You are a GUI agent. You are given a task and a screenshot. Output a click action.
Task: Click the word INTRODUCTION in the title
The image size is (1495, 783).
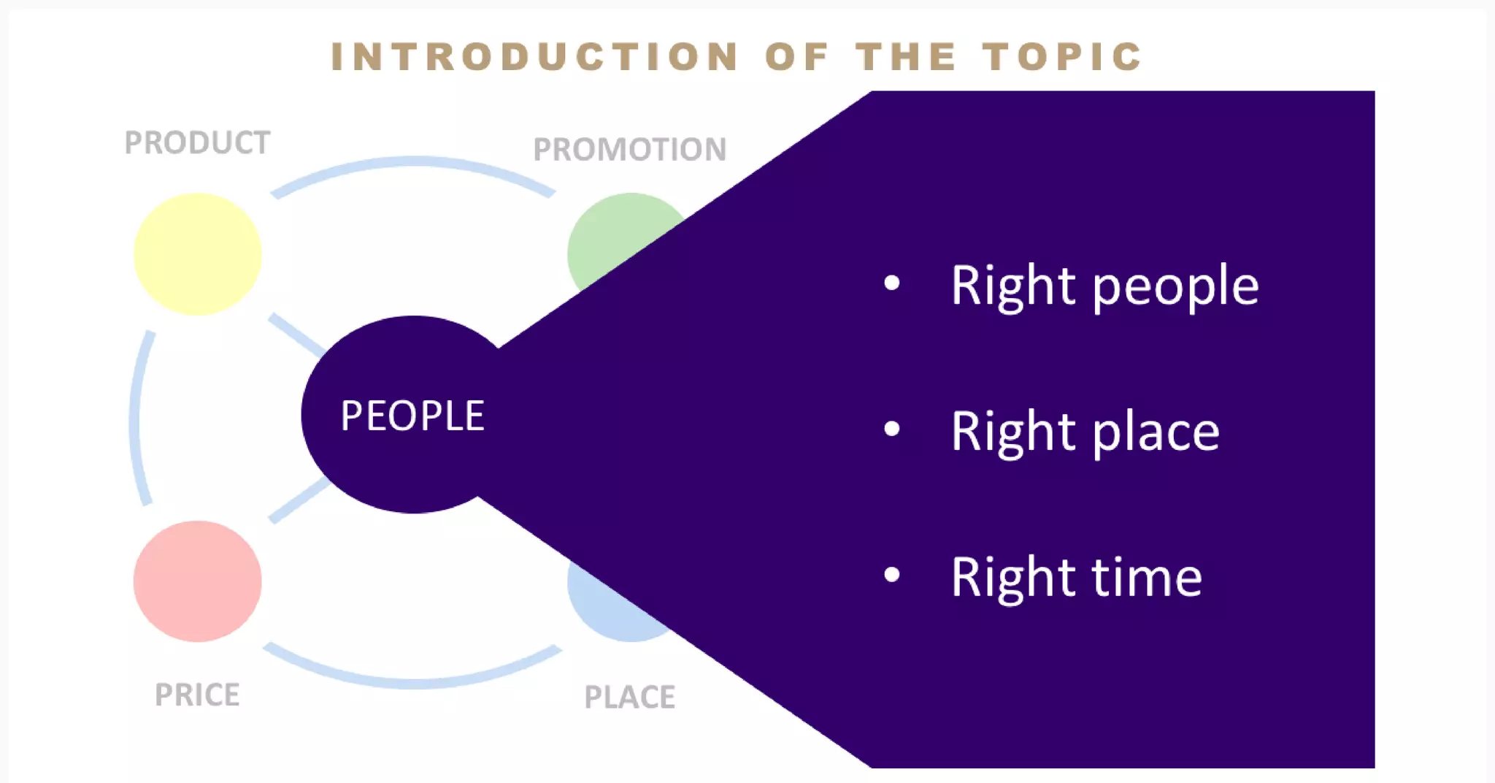(535, 57)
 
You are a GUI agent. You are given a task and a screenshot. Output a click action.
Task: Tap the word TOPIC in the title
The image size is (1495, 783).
(1062, 57)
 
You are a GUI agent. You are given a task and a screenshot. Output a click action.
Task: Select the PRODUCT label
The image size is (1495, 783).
(197, 142)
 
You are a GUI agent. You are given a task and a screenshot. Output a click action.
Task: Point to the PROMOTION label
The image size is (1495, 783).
(629, 149)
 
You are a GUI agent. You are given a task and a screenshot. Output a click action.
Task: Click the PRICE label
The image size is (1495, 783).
(197, 695)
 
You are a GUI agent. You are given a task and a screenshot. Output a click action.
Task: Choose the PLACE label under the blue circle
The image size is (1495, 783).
(629, 697)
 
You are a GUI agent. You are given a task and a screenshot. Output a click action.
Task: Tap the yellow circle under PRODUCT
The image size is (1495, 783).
(197, 254)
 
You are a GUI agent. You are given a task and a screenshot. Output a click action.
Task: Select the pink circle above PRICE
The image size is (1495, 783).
(197, 581)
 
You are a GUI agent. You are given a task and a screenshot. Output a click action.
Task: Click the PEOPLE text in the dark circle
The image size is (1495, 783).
(412, 416)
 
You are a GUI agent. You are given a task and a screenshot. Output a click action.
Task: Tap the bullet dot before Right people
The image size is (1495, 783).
(891, 283)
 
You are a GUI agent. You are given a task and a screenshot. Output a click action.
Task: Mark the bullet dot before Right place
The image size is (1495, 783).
(891, 429)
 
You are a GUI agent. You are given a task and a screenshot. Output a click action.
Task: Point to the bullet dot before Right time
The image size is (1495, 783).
(891, 575)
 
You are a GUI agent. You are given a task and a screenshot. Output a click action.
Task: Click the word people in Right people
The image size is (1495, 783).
(1175, 286)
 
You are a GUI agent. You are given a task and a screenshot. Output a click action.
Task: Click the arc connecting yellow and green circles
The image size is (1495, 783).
(413, 162)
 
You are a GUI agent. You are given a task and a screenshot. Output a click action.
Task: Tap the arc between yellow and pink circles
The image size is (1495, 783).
(137, 416)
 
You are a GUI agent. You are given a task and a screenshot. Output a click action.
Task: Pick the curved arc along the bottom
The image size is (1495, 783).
(413, 682)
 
